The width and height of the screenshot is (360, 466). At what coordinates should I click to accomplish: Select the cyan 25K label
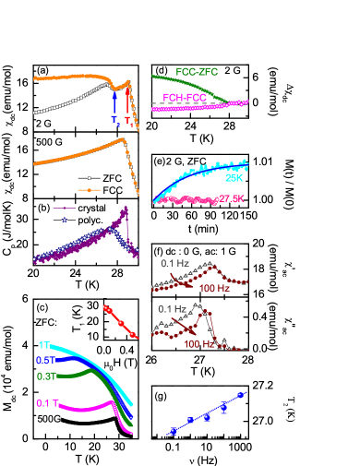234,178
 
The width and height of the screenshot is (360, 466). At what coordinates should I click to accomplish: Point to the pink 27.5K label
232,198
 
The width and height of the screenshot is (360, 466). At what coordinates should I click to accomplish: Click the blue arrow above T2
114,102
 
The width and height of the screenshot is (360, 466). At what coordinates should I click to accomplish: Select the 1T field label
43,346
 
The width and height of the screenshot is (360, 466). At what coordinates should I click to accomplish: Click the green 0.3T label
46,376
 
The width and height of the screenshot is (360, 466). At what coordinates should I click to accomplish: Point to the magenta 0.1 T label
48,403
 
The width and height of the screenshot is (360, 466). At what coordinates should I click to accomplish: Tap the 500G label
49,418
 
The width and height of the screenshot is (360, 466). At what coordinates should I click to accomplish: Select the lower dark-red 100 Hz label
198,344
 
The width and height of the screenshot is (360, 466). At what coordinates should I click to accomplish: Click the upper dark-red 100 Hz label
214,288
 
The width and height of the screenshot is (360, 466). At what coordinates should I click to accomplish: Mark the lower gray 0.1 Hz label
172,308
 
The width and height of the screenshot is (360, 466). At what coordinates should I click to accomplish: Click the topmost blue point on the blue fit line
240,395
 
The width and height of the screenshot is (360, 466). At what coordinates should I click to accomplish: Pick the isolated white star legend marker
90,178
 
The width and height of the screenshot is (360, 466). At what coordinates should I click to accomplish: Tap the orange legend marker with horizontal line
89,190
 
